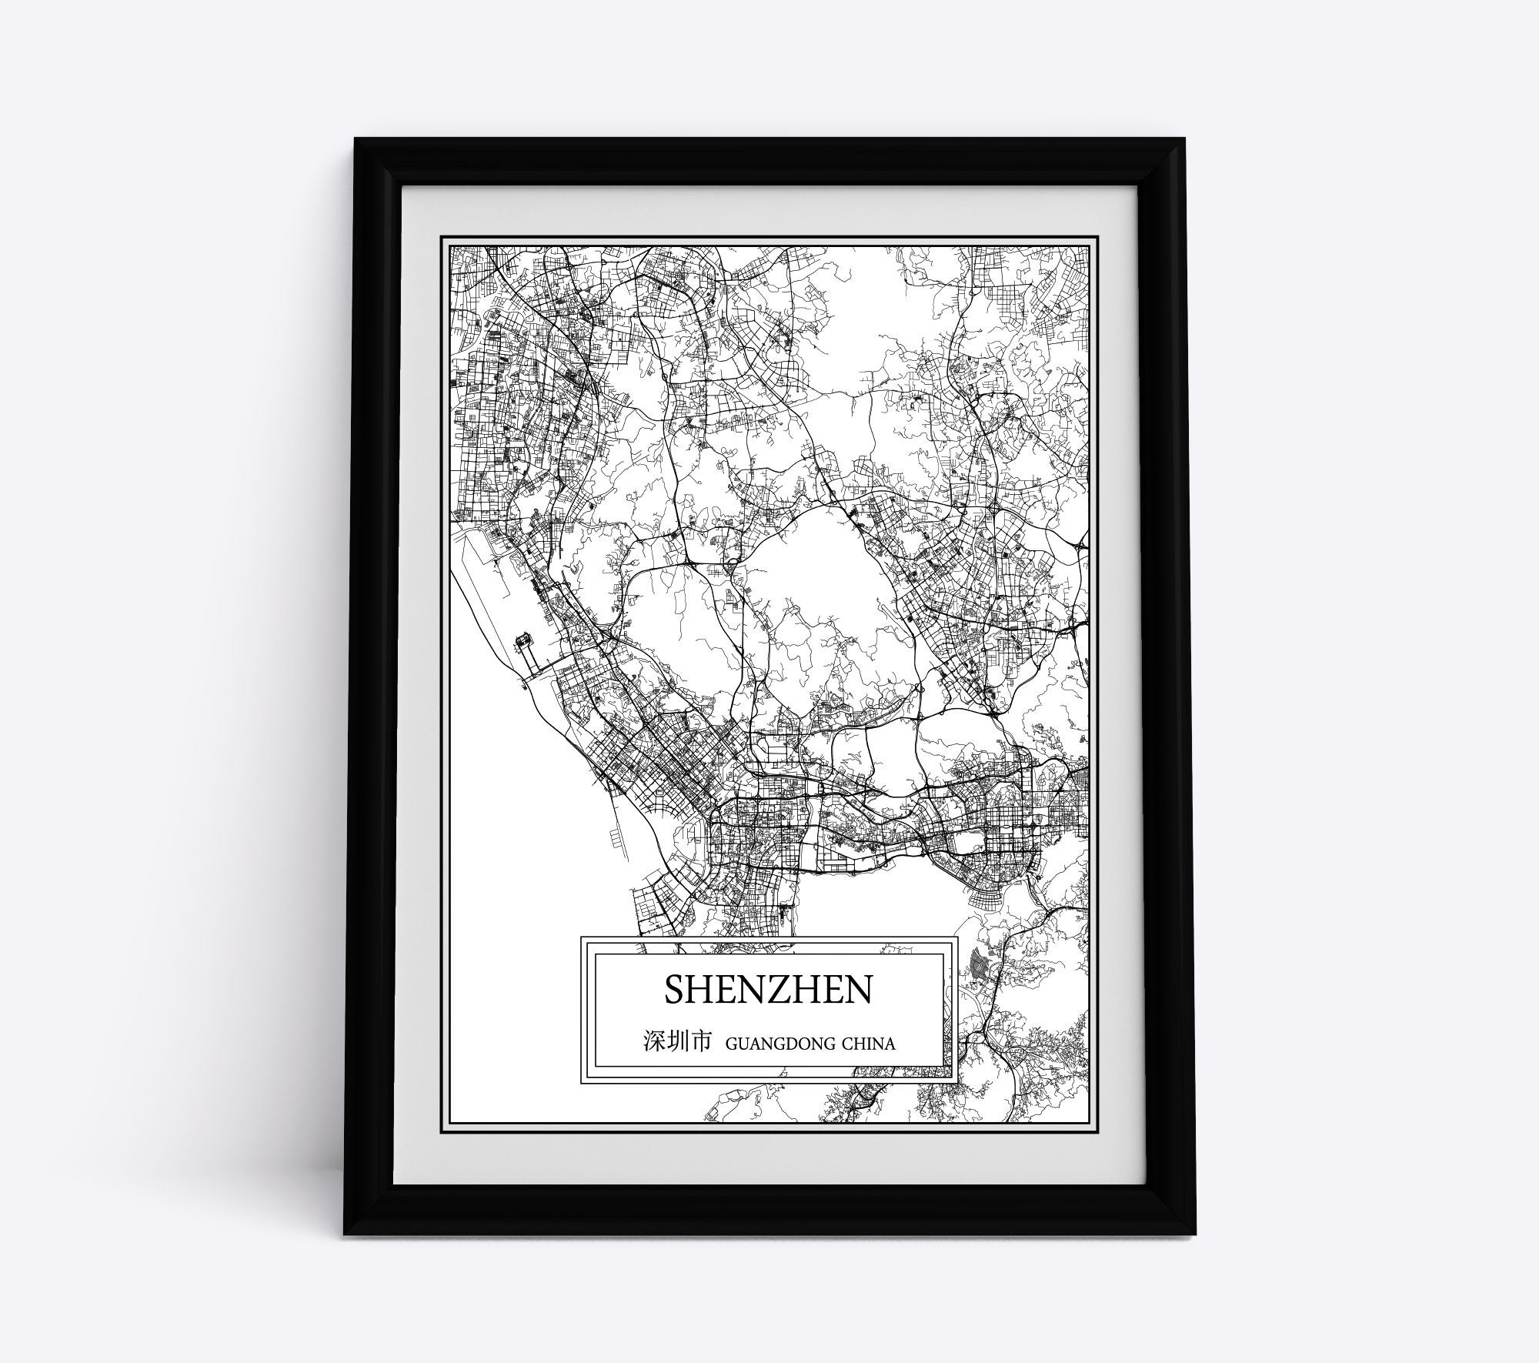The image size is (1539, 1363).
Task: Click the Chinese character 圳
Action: (676, 1043)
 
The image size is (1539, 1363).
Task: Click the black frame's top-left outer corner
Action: (355, 139)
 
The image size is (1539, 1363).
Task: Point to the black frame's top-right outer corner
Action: (1186, 139)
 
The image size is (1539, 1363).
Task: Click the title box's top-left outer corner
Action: (581, 937)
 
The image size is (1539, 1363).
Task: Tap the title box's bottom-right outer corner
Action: (956, 1083)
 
